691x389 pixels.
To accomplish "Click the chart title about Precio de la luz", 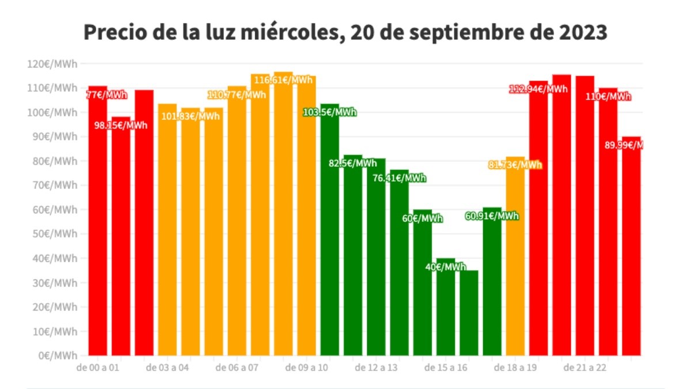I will tap(345, 32).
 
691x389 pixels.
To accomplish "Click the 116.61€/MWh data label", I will tap(283, 80).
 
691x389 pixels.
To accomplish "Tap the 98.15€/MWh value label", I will tap(121, 125).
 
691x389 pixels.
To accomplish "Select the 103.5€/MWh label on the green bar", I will tap(330, 112).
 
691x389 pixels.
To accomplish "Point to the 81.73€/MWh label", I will tap(515, 165).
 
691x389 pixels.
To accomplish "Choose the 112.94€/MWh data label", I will tap(538, 89).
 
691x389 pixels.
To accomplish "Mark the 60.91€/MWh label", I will tap(492, 216).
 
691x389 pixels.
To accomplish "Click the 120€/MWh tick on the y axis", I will tap(51, 63).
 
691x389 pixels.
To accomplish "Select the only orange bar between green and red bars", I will tap(515, 259).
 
